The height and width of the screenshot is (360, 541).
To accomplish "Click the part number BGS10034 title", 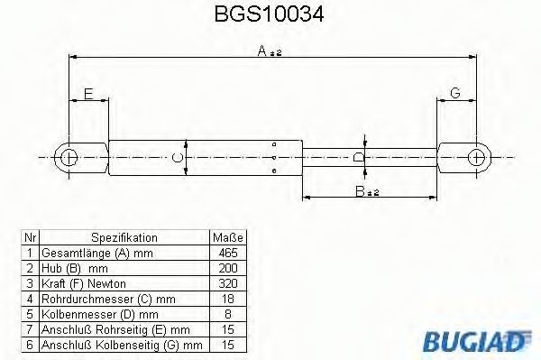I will tap(270, 15).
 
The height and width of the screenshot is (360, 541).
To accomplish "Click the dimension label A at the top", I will tap(268, 53).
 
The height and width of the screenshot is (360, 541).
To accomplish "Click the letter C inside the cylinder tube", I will tap(179, 158).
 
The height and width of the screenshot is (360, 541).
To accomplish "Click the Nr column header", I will tap(30, 237).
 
